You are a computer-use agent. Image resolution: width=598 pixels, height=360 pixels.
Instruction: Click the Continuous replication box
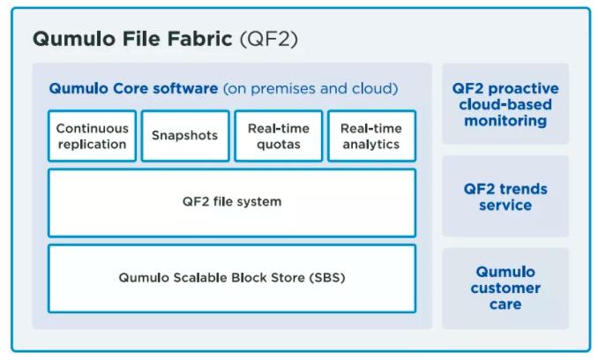click(x=92, y=136)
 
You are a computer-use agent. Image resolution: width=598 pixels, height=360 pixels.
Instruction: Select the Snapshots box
click(x=184, y=136)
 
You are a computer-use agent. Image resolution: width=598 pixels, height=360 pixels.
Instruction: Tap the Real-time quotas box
click(x=278, y=136)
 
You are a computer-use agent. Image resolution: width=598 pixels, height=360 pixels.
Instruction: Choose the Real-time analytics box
click(x=371, y=136)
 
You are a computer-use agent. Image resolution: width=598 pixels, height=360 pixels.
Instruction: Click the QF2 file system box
click(x=231, y=202)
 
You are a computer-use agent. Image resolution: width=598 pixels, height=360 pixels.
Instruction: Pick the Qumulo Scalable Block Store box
click(x=231, y=278)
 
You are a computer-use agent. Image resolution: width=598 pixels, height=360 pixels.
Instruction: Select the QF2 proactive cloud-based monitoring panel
click(x=505, y=104)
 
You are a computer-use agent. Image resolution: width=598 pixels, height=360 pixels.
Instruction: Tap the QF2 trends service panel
click(x=505, y=197)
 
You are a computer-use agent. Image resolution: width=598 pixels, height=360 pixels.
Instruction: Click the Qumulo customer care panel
click(x=505, y=288)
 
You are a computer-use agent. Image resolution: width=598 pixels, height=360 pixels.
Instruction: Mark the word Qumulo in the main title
click(x=69, y=39)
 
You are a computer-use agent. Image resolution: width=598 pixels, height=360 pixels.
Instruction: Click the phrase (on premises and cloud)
click(x=310, y=89)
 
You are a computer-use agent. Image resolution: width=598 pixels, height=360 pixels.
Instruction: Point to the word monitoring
click(x=505, y=121)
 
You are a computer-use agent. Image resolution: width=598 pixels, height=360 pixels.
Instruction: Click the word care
click(x=505, y=304)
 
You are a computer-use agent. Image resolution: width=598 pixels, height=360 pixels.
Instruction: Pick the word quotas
click(x=278, y=145)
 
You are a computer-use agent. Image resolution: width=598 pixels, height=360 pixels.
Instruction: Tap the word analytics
click(x=371, y=145)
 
